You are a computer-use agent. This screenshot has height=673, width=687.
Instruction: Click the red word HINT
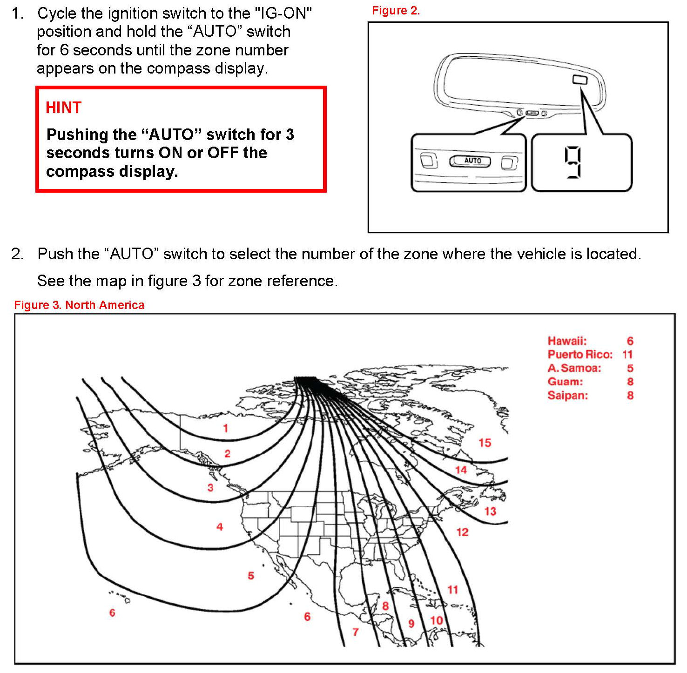63,108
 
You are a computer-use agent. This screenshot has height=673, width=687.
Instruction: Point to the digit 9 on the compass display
573,162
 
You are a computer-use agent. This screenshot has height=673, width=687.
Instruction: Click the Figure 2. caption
396,11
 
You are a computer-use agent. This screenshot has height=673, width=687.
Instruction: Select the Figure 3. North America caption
79,305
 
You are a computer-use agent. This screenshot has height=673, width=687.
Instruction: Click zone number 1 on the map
225,428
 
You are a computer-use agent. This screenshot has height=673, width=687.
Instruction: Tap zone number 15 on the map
485,443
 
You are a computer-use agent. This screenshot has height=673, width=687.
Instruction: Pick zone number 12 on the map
462,532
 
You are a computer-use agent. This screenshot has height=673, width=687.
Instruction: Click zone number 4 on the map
220,527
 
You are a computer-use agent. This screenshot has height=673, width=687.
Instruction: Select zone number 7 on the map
356,632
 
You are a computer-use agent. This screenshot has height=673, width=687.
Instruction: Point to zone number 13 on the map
490,511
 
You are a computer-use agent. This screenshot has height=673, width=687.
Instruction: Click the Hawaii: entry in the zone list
567,341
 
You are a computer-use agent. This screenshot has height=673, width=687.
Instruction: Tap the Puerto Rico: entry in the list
580,355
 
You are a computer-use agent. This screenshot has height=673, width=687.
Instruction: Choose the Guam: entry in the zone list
565,382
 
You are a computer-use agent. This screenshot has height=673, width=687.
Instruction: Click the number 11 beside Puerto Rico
627,355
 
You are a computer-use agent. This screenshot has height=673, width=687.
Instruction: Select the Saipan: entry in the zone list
567,396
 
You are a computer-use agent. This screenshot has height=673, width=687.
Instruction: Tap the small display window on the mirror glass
579,80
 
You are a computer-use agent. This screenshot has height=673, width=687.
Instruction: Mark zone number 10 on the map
436,620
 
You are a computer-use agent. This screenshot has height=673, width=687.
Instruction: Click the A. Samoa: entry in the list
574,368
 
